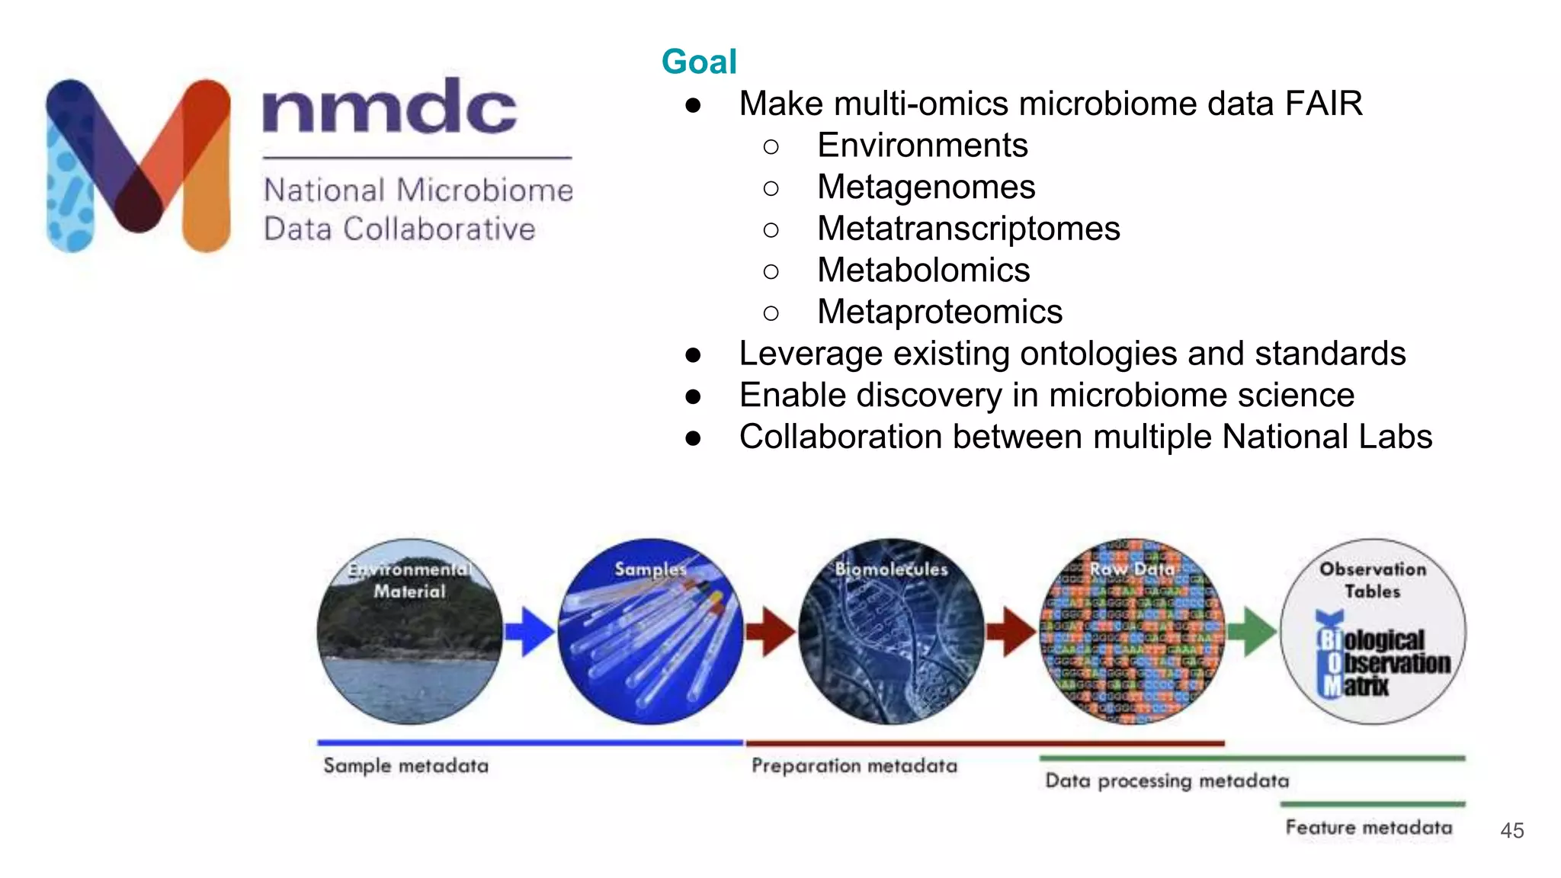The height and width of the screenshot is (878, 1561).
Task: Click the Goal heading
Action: pos(698,62)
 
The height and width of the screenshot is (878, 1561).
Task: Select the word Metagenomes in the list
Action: pos(925,187)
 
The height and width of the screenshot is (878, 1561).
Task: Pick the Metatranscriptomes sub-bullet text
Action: pos(968,229)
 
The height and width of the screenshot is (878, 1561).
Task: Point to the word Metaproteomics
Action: pos(939,312)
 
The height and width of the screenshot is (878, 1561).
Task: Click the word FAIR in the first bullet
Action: pos(1323,104)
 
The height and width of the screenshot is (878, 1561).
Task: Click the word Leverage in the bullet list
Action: pos(810,354)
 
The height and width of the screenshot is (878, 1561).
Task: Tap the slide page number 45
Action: pos(1511,830)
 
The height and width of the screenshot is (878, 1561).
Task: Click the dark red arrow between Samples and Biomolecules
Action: pos(771,631)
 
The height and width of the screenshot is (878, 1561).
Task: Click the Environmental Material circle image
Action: pos(410,632)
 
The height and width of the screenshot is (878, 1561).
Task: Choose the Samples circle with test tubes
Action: pos(650,632)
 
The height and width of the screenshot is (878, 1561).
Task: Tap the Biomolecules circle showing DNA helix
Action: pos(891,632)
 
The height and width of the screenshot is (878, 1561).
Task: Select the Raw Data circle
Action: pos(1132,632)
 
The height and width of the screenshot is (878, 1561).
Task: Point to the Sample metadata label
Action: pos(405,765)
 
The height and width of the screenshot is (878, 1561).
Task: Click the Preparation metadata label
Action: pos(854,765)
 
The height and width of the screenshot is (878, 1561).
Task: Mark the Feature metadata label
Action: pos(1368,827)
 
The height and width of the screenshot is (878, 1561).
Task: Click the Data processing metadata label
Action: pos(1166,780)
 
